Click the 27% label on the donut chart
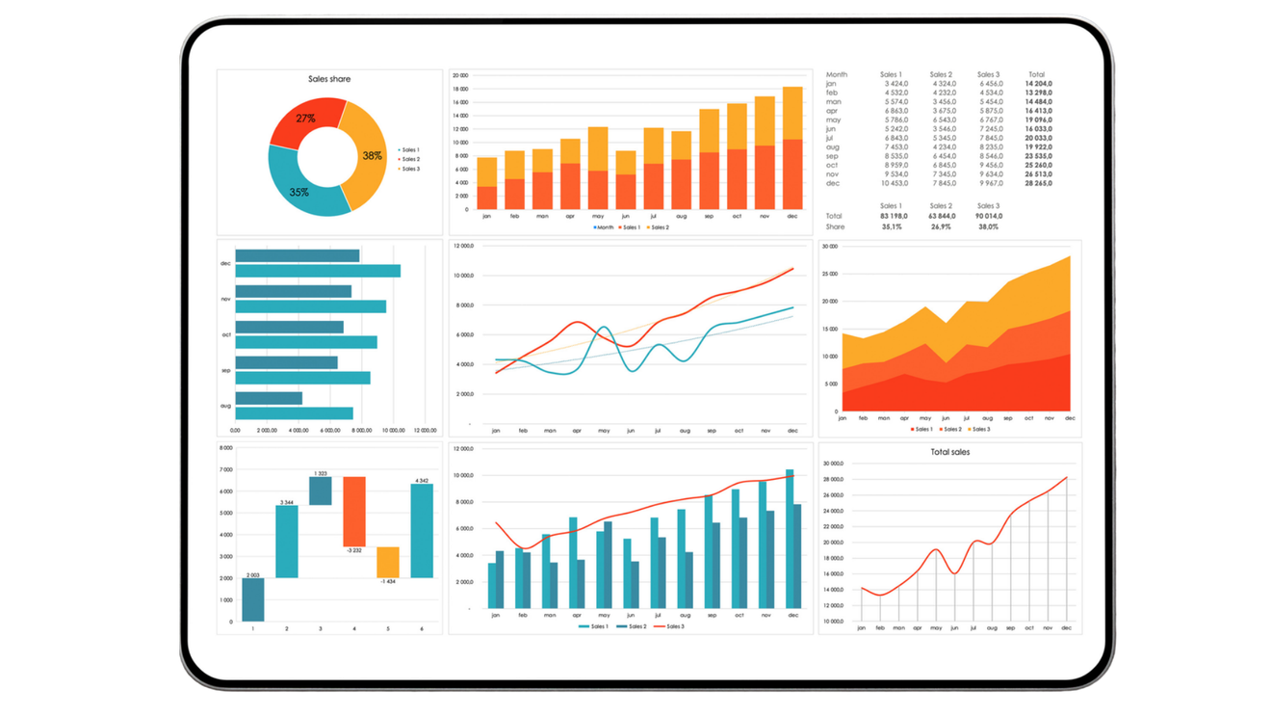click(x=305, y=119)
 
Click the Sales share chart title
click(x=329, y=79)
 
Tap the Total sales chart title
click(x=949, y=452)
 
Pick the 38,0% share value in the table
click(x=988, y=227)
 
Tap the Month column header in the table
click(x=837, y=74)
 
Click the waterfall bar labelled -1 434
click(x=388, y=562)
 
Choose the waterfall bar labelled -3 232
click(x=354, y=511)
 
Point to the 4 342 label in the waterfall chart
click(x=422, y=480)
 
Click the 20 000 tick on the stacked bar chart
click(x=460, y=75)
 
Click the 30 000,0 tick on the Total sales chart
click(x=833, y=464)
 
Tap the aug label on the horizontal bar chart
click(x=226, y=406)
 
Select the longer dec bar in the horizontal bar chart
click(x=318, y=271)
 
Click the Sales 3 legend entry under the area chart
click(x=980, y=429)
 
